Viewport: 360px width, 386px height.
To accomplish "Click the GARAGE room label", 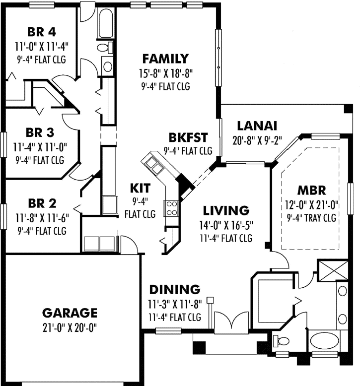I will coord(69,313).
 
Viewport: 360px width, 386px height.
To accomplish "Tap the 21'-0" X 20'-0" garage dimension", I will coord(69,327).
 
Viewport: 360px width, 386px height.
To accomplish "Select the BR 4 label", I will coord(41,32).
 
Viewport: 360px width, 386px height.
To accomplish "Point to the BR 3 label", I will coord(40,133).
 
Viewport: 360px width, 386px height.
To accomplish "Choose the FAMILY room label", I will coord(165,59).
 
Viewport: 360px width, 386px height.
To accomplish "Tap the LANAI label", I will coord(256,125).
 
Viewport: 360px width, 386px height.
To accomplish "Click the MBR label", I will coord(311,190).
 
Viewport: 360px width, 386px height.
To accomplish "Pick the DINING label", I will coord(175,289).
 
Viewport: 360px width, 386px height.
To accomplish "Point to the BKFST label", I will coord(188,137).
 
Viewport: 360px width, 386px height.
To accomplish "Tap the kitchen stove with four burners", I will coord(171,208).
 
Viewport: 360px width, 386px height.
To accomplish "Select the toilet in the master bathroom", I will coord(283,341).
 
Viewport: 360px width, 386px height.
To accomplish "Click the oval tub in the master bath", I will coord(325,342).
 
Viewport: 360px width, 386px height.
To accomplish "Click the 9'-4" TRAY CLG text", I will coord(311,217).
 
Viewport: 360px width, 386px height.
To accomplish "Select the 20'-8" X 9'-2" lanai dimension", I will coord(256,139).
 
